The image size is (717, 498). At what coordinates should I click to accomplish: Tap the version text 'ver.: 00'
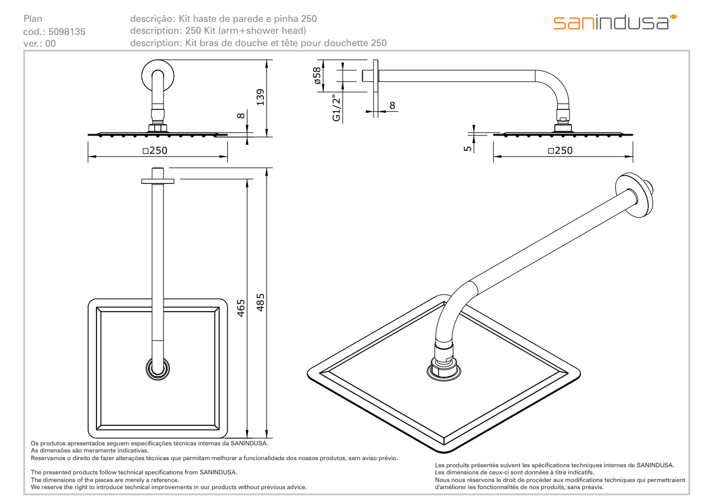tap(40, 43)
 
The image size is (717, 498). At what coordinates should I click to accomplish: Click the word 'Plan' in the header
tap(33, 19)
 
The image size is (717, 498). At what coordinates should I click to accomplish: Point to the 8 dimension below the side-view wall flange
tap(392, 105)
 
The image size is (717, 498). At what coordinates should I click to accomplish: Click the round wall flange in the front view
tap(158, 76)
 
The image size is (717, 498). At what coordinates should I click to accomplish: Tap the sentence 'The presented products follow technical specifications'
tap(134, 472)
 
